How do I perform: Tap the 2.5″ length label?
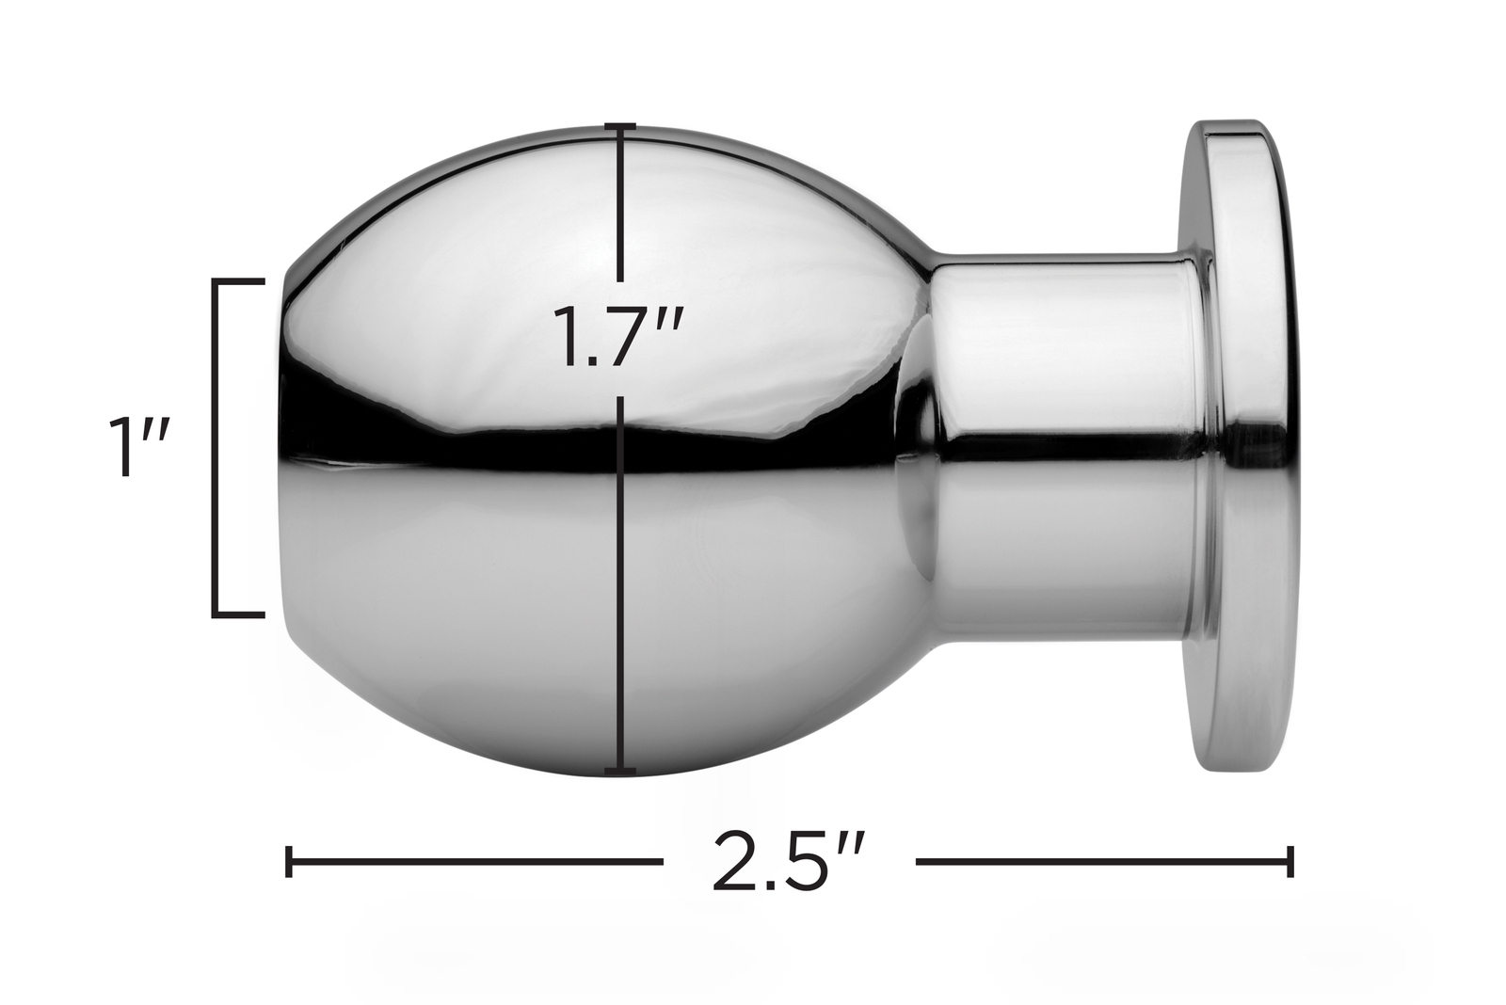[788, 862]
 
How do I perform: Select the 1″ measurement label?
[140, 447]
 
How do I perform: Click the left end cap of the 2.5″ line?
[289, 862]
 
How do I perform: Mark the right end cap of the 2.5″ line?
[1290, 862]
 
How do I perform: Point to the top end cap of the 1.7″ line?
[620, 126]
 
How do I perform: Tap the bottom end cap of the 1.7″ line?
[620, 771]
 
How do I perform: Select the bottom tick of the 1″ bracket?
[239, 614]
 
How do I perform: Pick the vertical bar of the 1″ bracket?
[216, 447]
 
